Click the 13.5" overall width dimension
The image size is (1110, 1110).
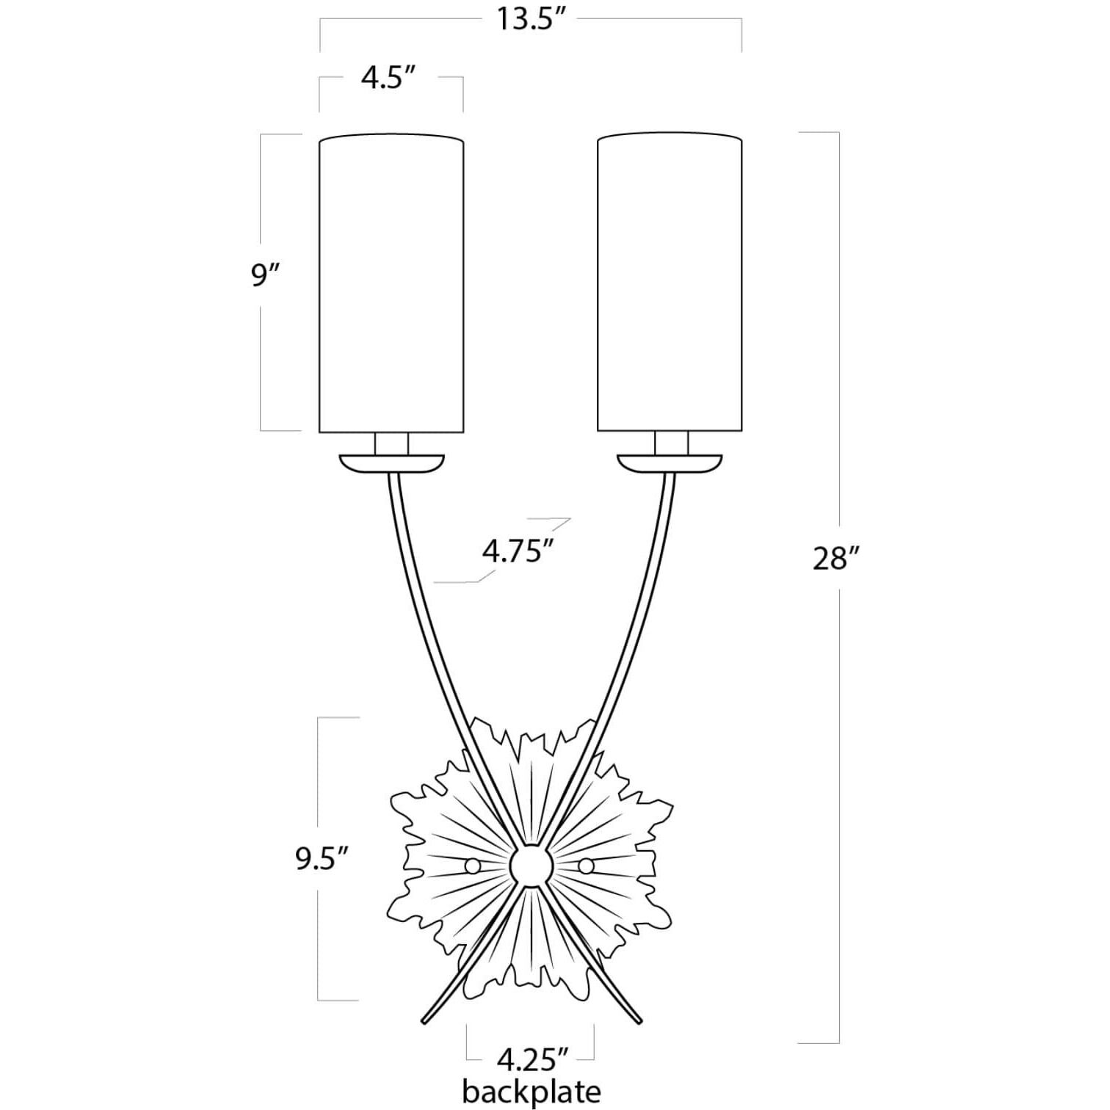click(531, 20)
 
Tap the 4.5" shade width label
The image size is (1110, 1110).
click(389, 76)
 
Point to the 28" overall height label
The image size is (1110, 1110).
click(835, 559)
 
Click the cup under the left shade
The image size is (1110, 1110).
click(392, 464)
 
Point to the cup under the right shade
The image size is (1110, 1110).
click(670, 464)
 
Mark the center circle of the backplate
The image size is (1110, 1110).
click(530, 866)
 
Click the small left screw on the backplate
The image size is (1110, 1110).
click(473, 866)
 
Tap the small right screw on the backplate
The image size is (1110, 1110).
click(586, 866)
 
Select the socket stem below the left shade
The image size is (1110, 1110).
click(391, 443)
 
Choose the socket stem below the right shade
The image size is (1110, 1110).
click(672, 443)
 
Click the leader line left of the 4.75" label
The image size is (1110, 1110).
click(455, 582)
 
